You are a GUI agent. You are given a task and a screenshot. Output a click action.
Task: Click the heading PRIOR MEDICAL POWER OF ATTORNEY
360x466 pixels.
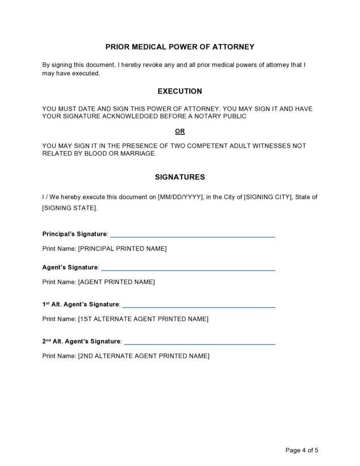(x=180, y=47)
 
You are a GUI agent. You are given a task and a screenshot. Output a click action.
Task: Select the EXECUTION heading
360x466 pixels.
(x=180, y=91)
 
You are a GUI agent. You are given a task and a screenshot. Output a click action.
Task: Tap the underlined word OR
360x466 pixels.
(x=180, y=131)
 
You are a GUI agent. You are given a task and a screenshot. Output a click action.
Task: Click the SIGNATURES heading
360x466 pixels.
(x=180, y=177)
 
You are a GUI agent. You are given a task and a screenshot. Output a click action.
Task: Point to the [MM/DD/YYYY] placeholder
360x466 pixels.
(x=180, y=197)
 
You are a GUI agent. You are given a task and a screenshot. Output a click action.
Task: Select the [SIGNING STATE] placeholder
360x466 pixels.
(x=70, y=208)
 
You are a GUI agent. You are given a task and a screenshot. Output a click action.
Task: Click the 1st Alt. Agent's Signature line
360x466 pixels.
(x=199, y=306)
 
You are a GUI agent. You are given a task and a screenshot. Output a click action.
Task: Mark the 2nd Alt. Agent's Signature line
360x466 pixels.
(x=200, y=343)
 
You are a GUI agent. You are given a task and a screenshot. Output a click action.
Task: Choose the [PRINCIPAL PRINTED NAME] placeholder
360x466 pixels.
(x=123, y=249)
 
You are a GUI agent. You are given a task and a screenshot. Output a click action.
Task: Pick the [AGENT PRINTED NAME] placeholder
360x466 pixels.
(x=117, y=282)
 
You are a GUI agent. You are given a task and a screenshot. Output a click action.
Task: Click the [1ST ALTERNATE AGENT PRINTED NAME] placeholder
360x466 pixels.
(x=143, y=319)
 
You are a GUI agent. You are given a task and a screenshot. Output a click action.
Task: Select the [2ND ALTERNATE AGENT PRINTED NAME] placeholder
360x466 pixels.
(x=144, y=356)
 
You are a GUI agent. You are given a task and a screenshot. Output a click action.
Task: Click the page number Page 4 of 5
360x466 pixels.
(x=301, y=450)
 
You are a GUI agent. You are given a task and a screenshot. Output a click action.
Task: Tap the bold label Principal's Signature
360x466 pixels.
(x=75, y=234)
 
